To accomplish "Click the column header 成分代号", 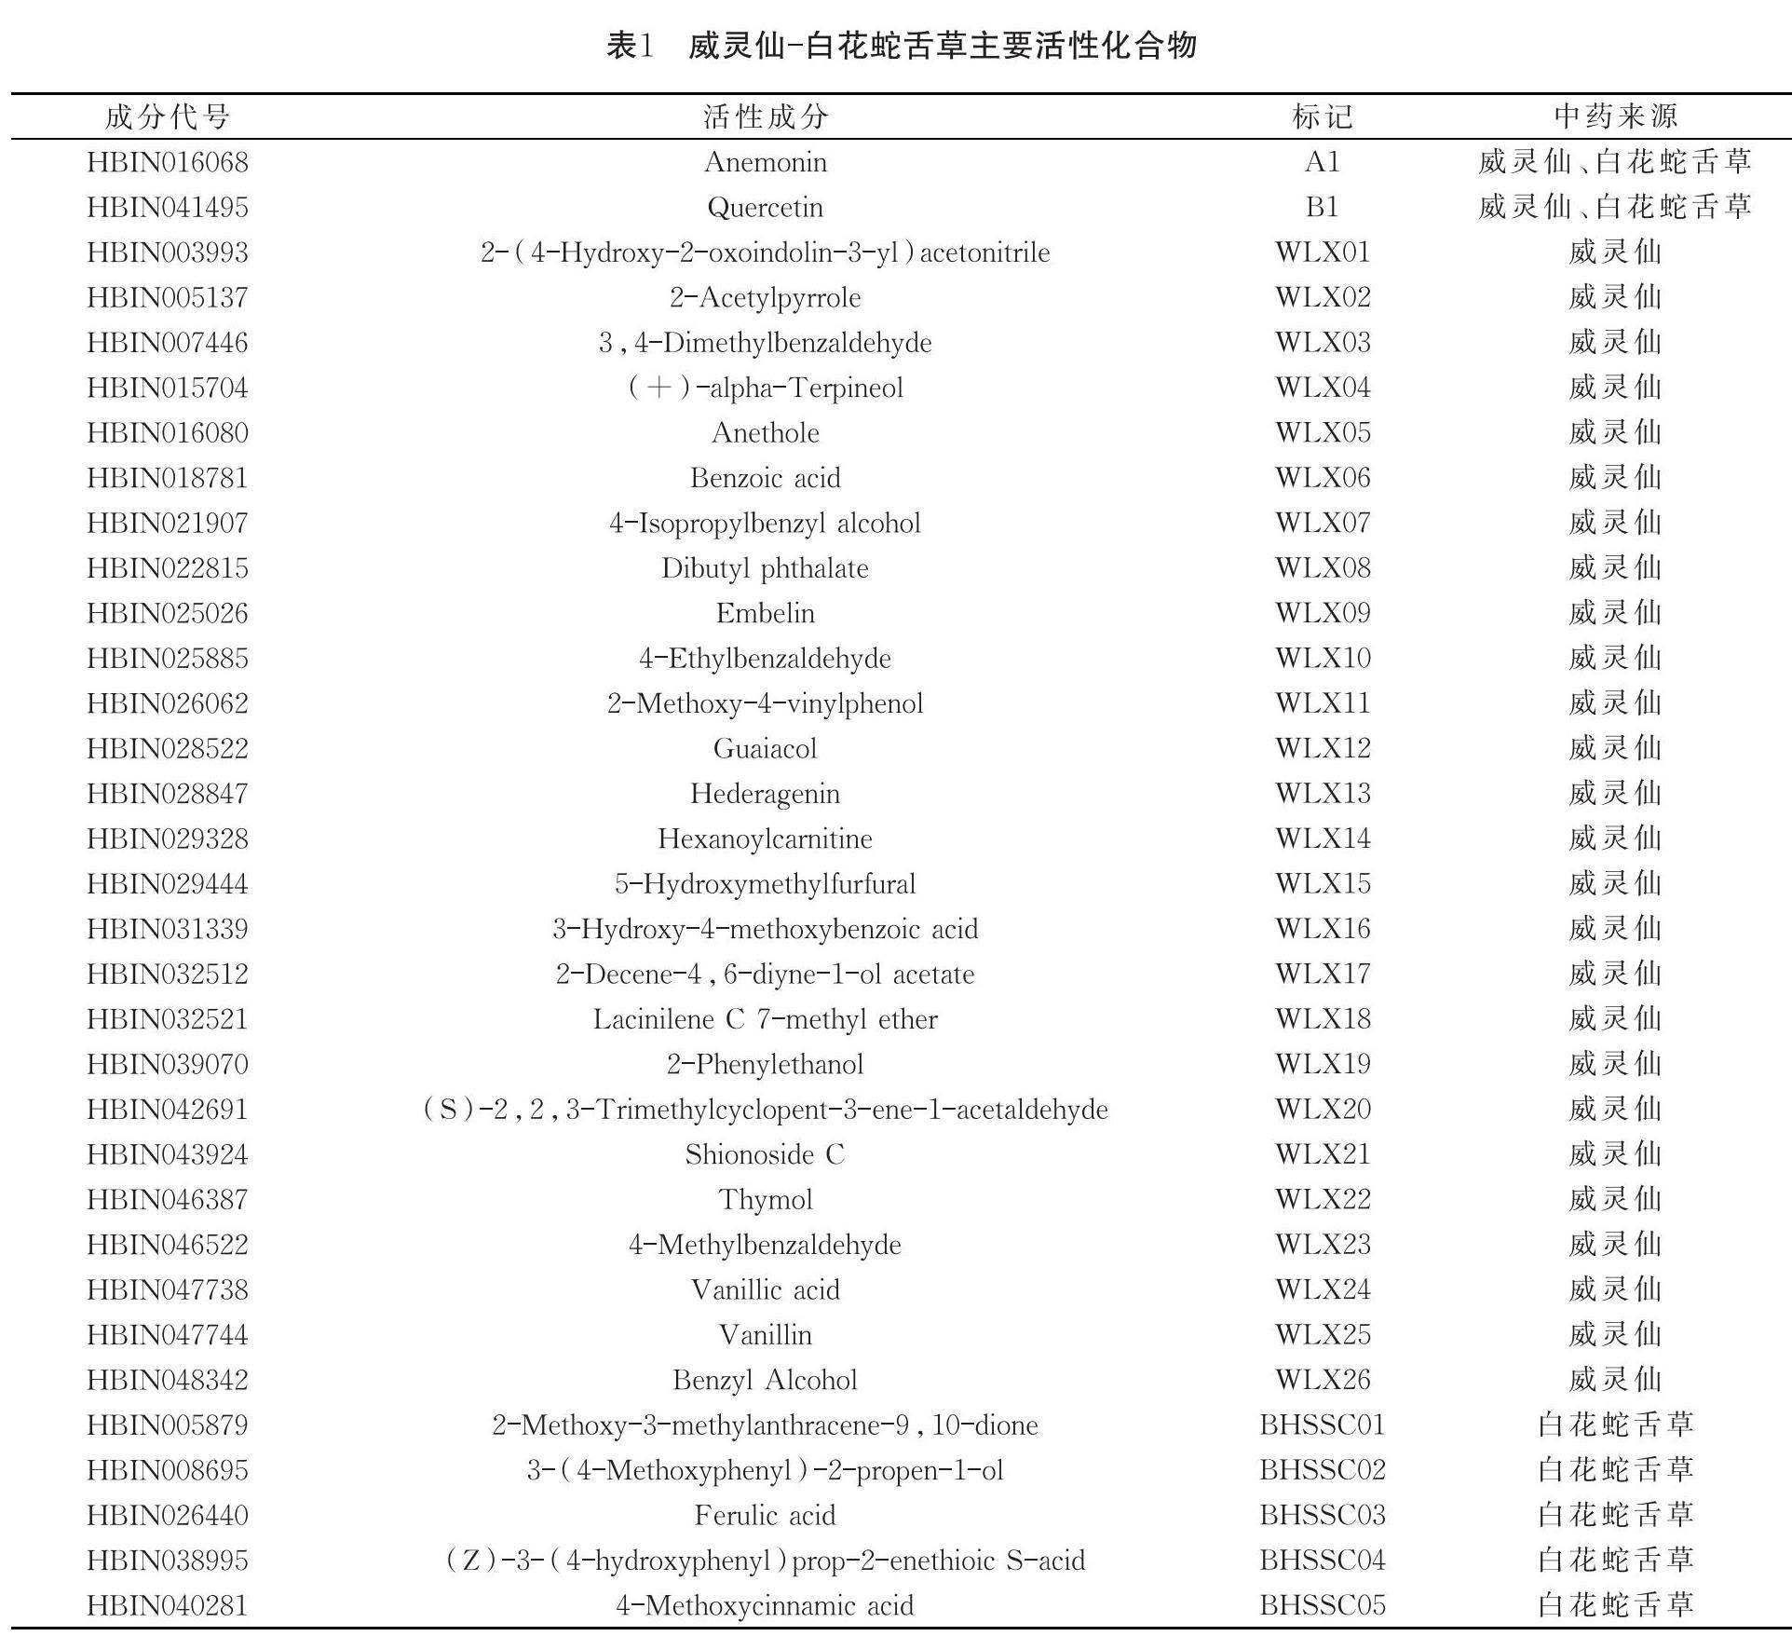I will coord(168,116).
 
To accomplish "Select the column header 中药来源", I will coord(1615,116).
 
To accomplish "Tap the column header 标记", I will coord(1322,116).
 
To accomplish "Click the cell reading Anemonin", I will coord(765,162).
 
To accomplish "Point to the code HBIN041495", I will coord(168,207).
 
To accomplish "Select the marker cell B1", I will coord(1322,207).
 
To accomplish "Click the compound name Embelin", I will coord(765,613).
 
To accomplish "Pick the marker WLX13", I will coord(1322,794).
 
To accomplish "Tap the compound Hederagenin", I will coord(765,794).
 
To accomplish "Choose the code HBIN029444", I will coord(168,884).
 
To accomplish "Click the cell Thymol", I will coord(765,1200).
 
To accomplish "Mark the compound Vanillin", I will coord(765,1335).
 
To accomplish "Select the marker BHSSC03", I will coord(1322,1516).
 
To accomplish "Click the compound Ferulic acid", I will coord(765,1516).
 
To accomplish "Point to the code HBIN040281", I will coord(168,1605).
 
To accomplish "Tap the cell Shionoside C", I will coord(765,1155).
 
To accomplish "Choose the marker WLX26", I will coord(1322,1380).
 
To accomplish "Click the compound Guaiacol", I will coord(765,749).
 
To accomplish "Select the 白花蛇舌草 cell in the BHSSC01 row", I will coord(1615,1425).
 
